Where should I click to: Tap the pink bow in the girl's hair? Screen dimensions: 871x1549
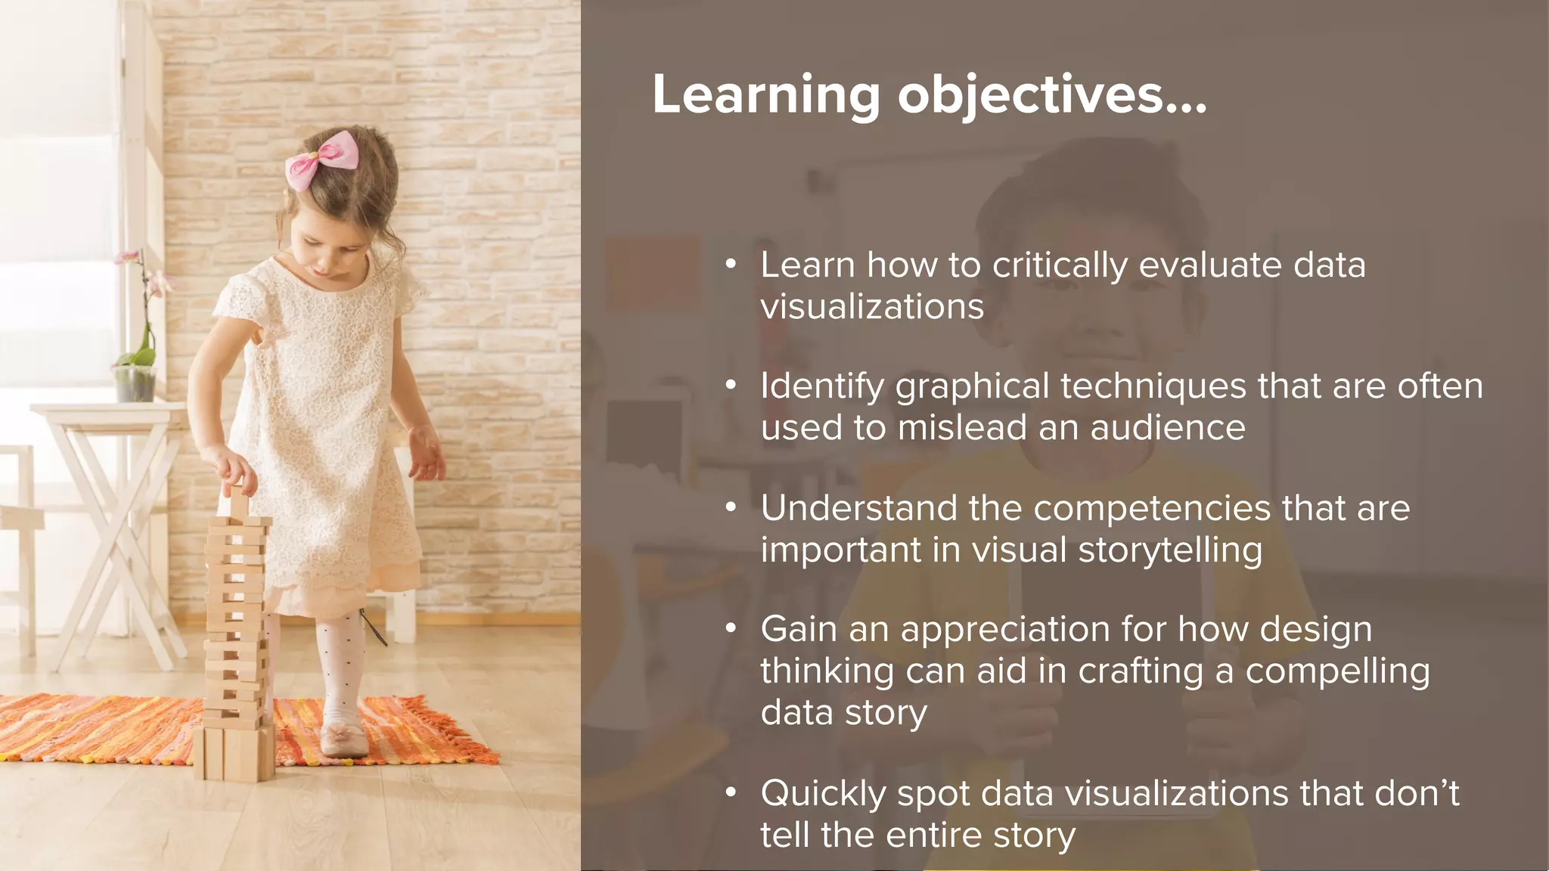321,160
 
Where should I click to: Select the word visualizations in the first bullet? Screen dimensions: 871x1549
872,307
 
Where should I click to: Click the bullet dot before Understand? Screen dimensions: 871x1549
730,508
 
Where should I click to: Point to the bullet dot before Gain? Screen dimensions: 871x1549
730,629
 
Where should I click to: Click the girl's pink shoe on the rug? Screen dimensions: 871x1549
344,739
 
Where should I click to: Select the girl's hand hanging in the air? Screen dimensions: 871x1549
427,454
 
